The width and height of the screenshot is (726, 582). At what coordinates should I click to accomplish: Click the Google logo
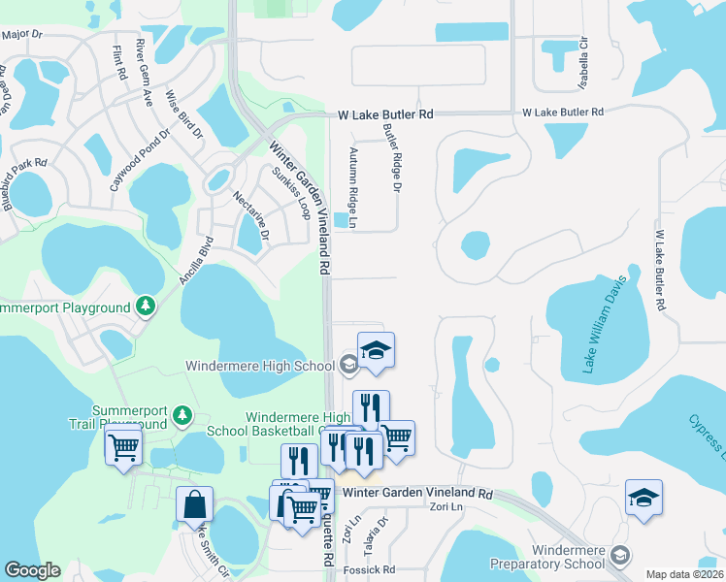pos(32,570)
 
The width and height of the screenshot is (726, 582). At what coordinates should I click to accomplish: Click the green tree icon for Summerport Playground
pos(146,307)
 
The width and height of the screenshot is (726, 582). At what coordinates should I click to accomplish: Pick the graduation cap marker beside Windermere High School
pos(376,352)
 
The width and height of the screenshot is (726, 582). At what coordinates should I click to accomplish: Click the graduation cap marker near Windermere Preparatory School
pos(643,499)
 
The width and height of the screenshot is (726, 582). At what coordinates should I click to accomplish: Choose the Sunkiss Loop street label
pos(290,193)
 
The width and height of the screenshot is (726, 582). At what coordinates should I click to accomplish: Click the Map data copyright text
pos(685,574)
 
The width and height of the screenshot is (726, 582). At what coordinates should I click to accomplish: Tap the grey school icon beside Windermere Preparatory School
pos(621,556)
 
